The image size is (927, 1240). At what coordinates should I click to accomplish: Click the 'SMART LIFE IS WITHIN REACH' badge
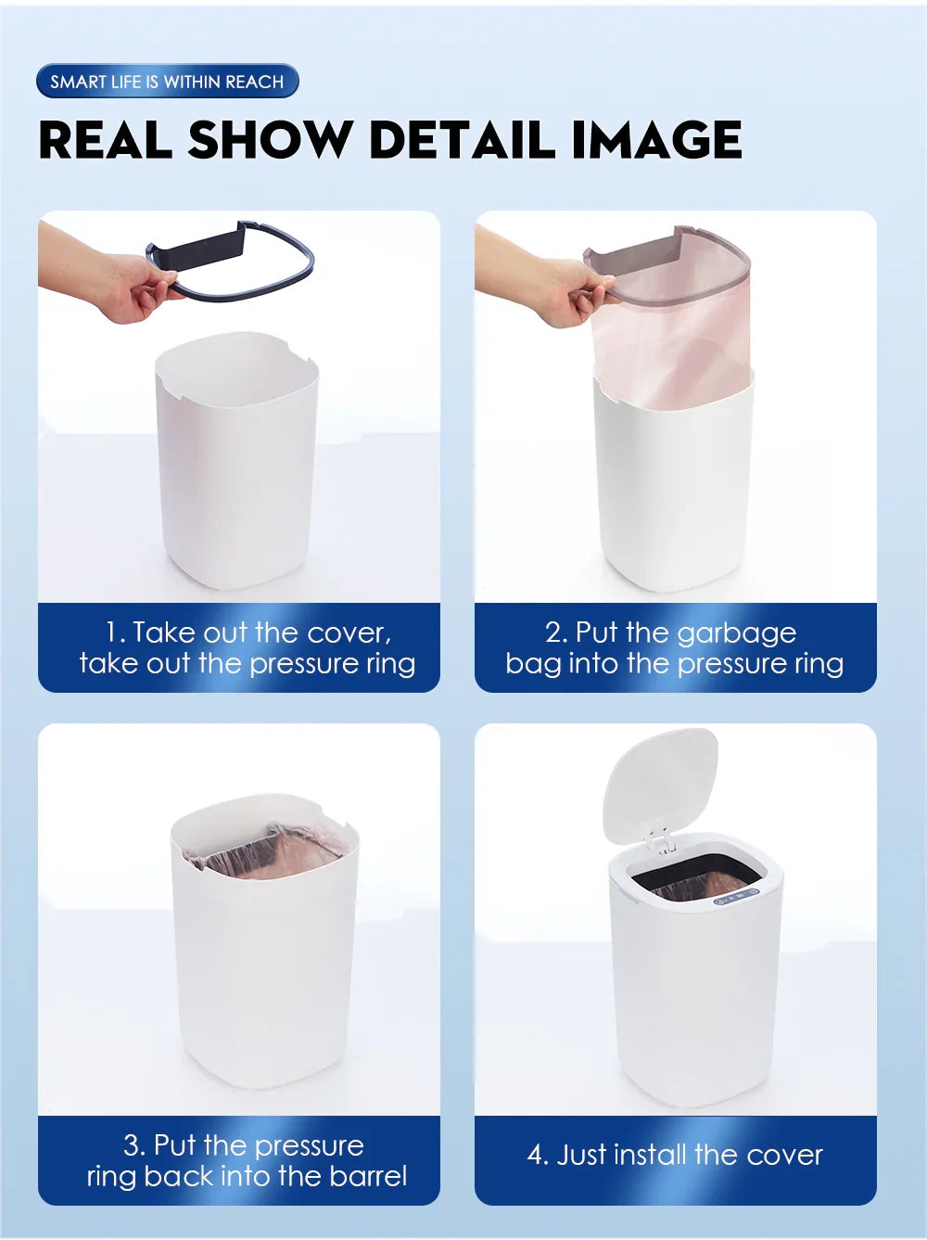pyautogui.click(x=167, y=82)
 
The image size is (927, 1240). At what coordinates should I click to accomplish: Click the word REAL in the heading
pyautogui.click(x=106, y=140)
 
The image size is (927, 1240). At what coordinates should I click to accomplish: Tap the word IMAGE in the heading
pyautogui.click(x=656, y=140)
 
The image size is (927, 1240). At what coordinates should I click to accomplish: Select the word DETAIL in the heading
pyautogui.click(x=463, y=140)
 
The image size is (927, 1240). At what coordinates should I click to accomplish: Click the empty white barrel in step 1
pyautogui.click(x=236, y=460)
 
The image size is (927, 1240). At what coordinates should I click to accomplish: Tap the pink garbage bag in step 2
pyautogui.click(x=672, y=345)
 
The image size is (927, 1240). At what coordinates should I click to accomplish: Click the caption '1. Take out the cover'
pyautogui.click(x=248, y=633)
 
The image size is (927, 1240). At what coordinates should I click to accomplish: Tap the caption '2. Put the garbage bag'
pyautogui.click(x=671, y=633)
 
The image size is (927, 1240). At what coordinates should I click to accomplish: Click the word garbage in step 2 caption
pyautogui.click(x=737, y=633)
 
